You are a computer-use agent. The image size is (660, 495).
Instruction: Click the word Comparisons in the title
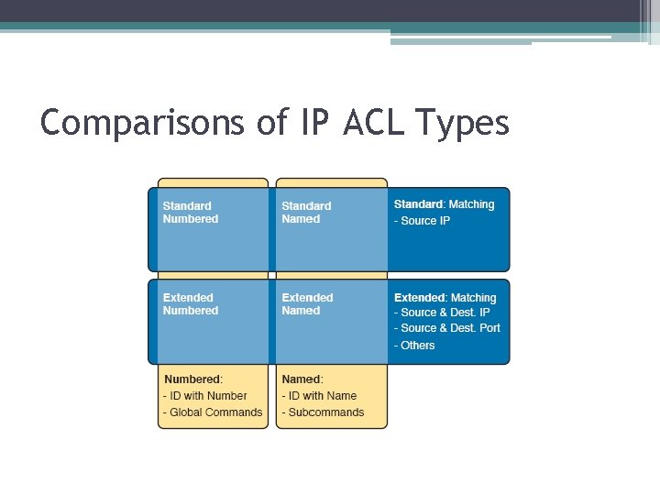tap(143, 122)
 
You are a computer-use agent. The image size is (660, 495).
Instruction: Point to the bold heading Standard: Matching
tap(444, 204)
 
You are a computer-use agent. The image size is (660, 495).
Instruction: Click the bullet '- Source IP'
tap(422, 222)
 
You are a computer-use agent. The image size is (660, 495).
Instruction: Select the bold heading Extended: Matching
tap(445, 298)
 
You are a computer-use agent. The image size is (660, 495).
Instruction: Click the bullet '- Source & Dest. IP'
tap(442, 313)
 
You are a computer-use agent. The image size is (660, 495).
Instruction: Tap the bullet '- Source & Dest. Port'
tap(447, 328)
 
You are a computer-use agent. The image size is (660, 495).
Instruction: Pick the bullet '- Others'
tap(414, 346)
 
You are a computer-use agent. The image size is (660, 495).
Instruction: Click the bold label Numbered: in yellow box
tap(192, 379)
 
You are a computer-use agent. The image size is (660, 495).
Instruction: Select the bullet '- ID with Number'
tap(204, 396)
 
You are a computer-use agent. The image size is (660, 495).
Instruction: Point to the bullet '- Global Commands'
tap(212, 412)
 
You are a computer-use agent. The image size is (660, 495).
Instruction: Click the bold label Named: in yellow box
tap(302, 379)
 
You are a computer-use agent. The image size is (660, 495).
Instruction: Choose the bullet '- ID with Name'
tap(319, 396)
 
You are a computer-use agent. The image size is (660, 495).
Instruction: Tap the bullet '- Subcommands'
tap(323, 412)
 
